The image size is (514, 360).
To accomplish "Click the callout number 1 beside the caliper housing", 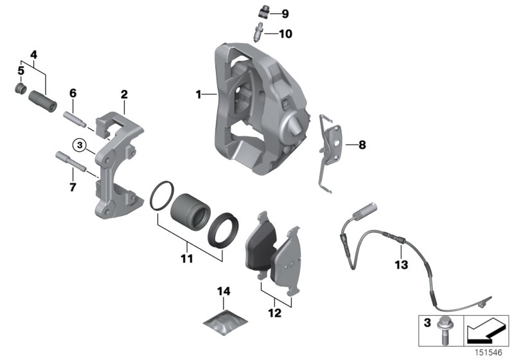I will pyautogui.click(x=199, y=94).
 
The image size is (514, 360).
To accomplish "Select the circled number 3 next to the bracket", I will pyautogui.click(x=79, y=145).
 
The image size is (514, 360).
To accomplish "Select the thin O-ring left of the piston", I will pyautogui.click(x=162, y=195).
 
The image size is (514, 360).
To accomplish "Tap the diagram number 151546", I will pyautogui.click(x=490, y=352).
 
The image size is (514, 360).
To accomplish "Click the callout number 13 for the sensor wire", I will pyautogui.click(x=401, y=264).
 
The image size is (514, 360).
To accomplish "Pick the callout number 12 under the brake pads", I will pyautogui.click(x=275, y=314).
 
